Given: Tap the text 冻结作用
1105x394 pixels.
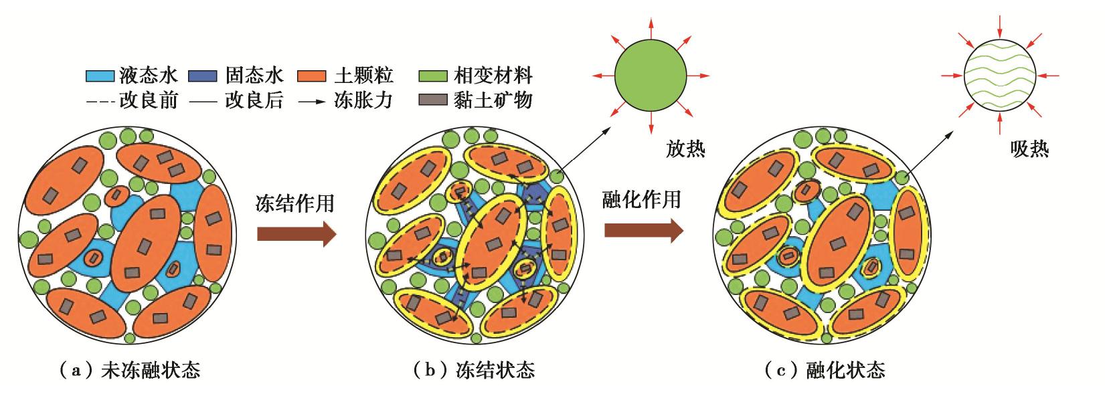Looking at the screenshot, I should tap(295, 203).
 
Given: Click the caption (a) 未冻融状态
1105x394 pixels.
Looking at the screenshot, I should tap(129, 369).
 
